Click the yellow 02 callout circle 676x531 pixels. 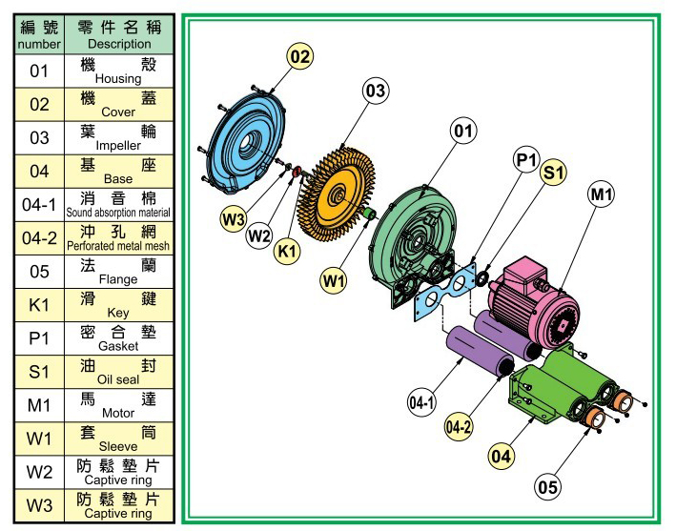[300, 56]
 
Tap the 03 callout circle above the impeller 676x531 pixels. [375, 91]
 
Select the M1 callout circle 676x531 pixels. [601, 194]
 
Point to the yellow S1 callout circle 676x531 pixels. [554, 172]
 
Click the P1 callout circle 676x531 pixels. [526, 160]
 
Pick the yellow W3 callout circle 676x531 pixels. [234, 219]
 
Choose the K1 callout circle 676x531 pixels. [287, 251]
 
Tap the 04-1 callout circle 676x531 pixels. [421, 403]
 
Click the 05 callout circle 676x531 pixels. [547, 487]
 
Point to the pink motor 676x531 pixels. [535, 301]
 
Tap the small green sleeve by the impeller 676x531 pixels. [370, 214]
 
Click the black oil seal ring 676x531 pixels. [481, 278]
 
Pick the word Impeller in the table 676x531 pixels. [118, 146]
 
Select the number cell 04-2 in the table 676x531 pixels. [39, 238]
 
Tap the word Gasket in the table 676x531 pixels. [118, 346]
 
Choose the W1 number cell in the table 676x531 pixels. [39, 439]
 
